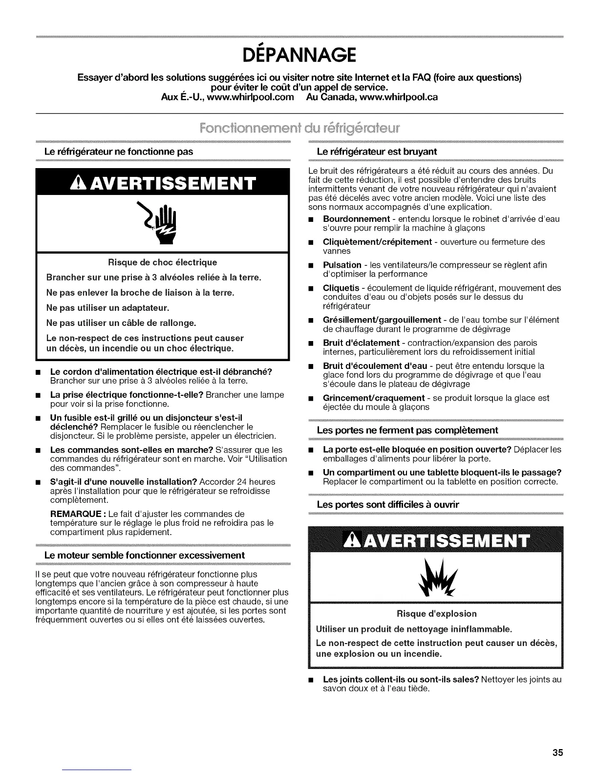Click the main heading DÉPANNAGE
coord(299,55)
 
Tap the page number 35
coord(557,752)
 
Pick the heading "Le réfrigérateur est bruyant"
coord(377,151)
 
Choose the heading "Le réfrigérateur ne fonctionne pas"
coord(118,151)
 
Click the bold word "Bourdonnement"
coord(356,219)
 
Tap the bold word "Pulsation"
coord(342,265)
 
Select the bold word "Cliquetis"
coord(341,288)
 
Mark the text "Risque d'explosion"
coord(436,613)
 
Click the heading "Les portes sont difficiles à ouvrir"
coord(388,504)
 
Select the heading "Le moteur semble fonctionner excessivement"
coord(144,556)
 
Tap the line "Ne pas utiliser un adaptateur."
coord(107,308)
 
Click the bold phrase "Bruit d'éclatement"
coord(361,343)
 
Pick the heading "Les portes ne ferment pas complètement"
coord(407,430)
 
